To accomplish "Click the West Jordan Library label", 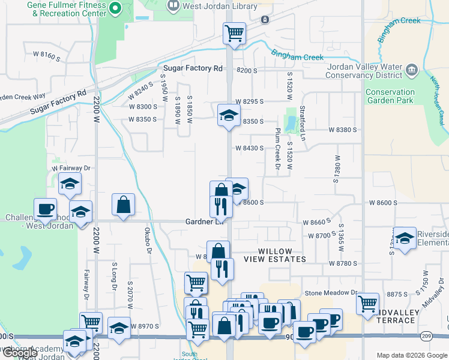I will pyautogui.click(x=220, y=7).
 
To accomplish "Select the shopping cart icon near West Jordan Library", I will pyautogui.click(x=234, y=34).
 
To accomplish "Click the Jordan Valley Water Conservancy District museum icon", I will pyautogui.click(x=412, y=70).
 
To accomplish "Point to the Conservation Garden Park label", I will pyautogui.click(x=390, y=97).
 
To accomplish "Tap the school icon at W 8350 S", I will pyautogui.click(x=229, y=115).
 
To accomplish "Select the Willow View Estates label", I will pyautogui.click(x=276, y=255).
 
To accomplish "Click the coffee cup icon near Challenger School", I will pyautogui.click(x=45, y=209).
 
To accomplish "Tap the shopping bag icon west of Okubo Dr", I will pyautogui.click(x=123, y=205).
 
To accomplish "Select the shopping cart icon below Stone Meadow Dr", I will pyautogui.click(x=367, y=304).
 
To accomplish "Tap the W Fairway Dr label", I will pyautogui.click(x=70, y=169).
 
